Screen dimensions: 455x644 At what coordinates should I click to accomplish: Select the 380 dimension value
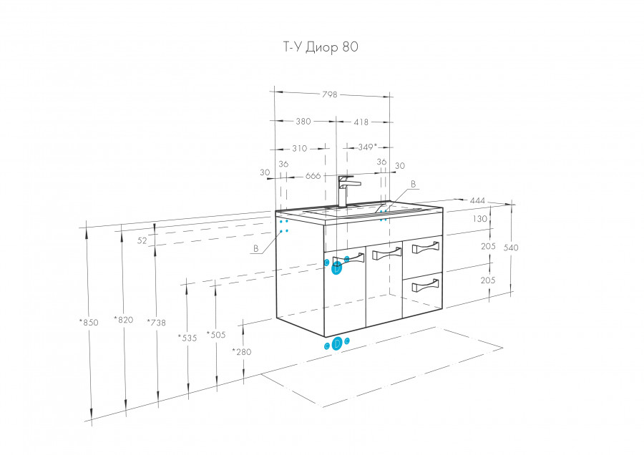pyautogui.click(x=303, y=122)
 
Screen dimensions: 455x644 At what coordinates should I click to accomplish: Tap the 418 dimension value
pyautogui.click(x=361, y=122)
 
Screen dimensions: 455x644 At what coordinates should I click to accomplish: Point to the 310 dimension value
pyautogui.click(x=299, y=149)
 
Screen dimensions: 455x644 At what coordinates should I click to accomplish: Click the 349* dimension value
pyautogui.click(x=367, y=147)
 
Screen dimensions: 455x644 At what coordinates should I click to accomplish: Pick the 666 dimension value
pyautogui.click(x=312, y=175)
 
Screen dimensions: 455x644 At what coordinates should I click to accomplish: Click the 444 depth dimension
pyautogui.click(x=478, y=200)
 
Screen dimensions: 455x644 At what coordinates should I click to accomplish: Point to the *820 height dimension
pyautogui.click(x=125, y=320)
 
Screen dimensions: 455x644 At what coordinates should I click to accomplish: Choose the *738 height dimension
pyautogui.click(x=156, y=322)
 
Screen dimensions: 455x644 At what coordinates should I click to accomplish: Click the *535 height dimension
pyautogui.click(x=187, y=338)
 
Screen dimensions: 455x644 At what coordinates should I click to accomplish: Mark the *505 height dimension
pyautogui.click(x=215, y=334)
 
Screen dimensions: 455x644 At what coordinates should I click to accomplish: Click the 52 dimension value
pyautogui.click(x=142, y=241)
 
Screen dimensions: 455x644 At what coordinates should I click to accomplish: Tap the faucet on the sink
pyautogui.click(x=345, y=190)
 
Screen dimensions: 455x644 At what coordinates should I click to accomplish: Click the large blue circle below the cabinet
pyautogui.click(x=336, y=344)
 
